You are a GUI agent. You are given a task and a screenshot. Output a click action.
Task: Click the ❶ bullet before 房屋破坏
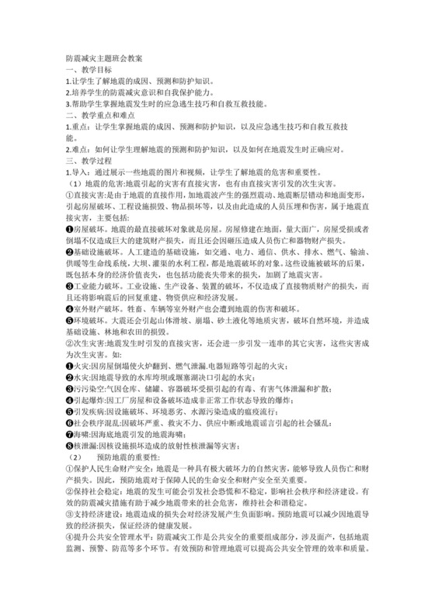[69, 231]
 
